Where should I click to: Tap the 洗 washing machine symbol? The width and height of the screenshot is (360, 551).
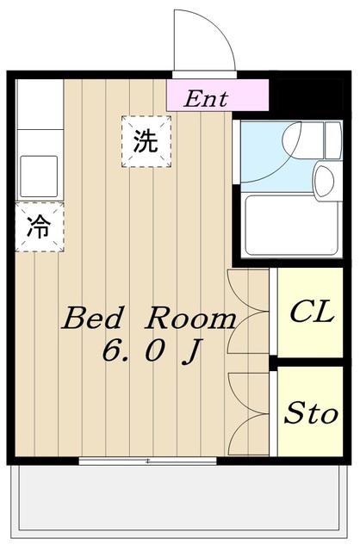[146, 141]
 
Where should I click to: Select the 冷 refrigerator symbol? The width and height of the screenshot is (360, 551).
[40, 227]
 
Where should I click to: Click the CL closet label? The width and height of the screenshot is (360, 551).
[312, 311]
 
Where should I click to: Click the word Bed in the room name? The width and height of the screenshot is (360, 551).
[94, 318]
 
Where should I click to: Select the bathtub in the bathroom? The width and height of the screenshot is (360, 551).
[291, 226]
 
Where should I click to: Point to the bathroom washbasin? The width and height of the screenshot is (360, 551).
[324, 181]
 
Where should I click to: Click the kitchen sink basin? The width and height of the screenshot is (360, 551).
[39, 176]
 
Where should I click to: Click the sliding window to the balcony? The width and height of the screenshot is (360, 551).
[147, 461]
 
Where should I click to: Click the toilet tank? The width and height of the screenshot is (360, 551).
[333, 139]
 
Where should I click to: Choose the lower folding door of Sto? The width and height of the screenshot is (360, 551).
[248, 434]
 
